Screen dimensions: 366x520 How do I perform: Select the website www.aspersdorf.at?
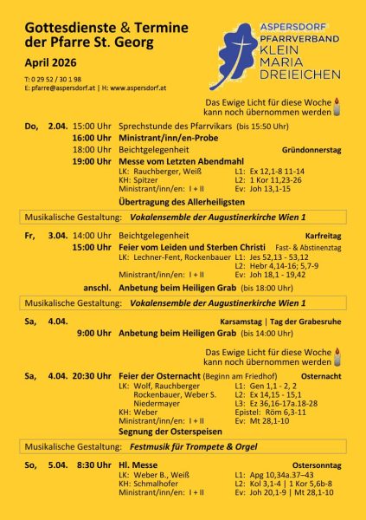point(134,88)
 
